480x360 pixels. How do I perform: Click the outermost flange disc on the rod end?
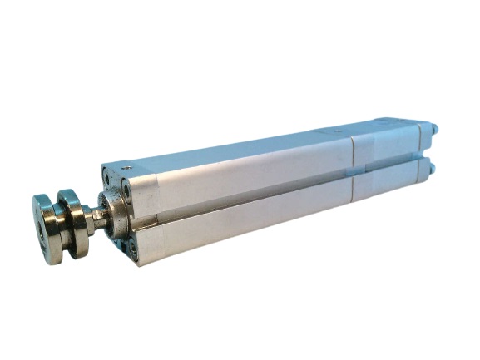(47, 229)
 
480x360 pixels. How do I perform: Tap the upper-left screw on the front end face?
(106, 177)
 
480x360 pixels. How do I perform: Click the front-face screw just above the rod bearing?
(126, 190)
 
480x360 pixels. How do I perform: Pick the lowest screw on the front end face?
(132, 246)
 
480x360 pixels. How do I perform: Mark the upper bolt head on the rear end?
(433, 130)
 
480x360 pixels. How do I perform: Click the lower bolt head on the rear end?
(432, 168)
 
